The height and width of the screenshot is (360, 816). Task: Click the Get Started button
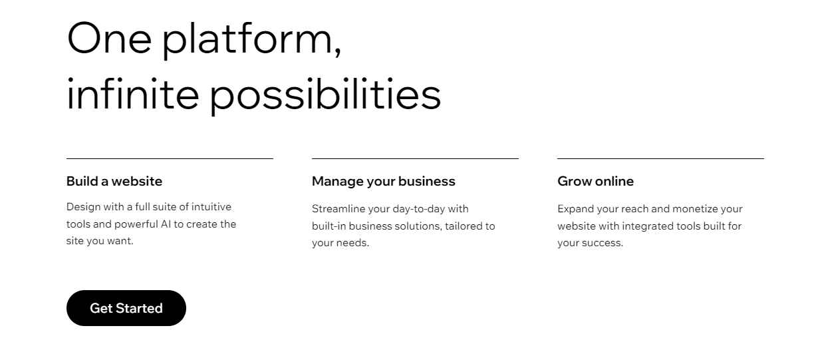126,308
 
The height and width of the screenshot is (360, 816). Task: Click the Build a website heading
114,181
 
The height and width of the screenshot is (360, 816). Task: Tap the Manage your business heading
384,181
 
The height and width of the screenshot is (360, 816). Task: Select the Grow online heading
595,181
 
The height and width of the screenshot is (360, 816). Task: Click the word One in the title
109,38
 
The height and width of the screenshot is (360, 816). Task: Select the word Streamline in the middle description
337,209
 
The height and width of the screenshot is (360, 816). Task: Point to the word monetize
695,209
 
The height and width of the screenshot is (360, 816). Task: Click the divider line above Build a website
170,159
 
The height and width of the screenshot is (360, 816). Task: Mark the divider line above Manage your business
415,159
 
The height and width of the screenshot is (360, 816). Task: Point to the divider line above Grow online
660,159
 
